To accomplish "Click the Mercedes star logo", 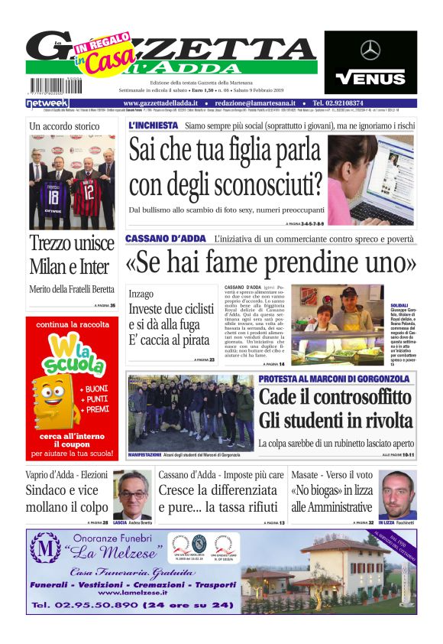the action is [x=370, y=50].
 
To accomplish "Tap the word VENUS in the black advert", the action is [x=370, y=77].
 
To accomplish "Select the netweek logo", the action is [x=47, y=102].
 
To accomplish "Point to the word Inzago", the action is [x=141, y=293].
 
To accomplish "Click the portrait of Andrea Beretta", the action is [x=132, y=494].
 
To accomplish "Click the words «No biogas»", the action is [x=315, y=490].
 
